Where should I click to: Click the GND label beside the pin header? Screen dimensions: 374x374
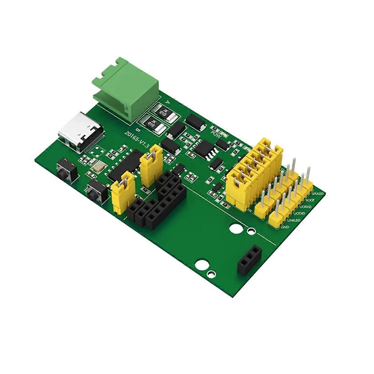[285, 227]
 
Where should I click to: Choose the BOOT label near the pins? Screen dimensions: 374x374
[310, 200]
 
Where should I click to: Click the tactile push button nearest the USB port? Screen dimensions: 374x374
[66, 170]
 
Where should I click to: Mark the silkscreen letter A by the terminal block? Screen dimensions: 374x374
[168, 102]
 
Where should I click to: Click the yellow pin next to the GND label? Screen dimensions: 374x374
[276, 218]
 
